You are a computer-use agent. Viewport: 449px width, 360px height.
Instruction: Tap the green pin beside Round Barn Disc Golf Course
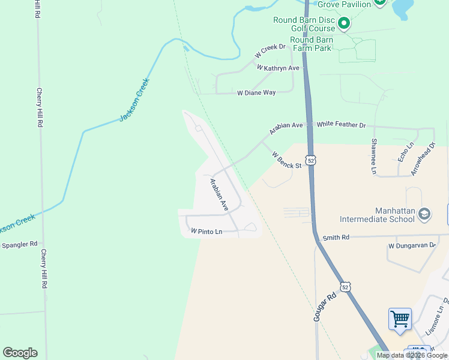(344, 23)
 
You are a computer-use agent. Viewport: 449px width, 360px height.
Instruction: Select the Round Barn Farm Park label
(310, 44)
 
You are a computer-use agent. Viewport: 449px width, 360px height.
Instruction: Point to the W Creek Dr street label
(270, 51)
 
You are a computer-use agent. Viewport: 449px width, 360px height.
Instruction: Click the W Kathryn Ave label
(278, 68)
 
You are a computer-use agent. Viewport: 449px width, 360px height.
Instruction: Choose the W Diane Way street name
(256, 93)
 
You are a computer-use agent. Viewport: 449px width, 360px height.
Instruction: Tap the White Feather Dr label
(341, 124)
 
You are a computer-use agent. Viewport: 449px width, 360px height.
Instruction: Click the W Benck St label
(286, 160)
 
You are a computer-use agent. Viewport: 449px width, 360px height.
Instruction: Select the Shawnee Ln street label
(373, 156)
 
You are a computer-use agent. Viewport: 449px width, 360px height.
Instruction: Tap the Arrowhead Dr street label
(423, 159)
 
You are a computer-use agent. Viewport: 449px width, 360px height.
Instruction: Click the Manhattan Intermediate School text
(377, 215)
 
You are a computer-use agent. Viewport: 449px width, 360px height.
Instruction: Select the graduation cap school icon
(424, 214)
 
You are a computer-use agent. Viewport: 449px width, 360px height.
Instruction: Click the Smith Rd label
(336, 238)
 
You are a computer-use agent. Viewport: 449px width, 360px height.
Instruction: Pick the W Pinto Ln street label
(206, 231)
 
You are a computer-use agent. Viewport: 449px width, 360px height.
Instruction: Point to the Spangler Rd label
(20, 244)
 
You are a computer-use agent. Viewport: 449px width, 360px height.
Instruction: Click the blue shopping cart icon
(400, 318)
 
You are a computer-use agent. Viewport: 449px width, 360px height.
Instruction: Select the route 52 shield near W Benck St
(310, 160)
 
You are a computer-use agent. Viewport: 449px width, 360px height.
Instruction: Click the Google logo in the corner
(20, 353)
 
